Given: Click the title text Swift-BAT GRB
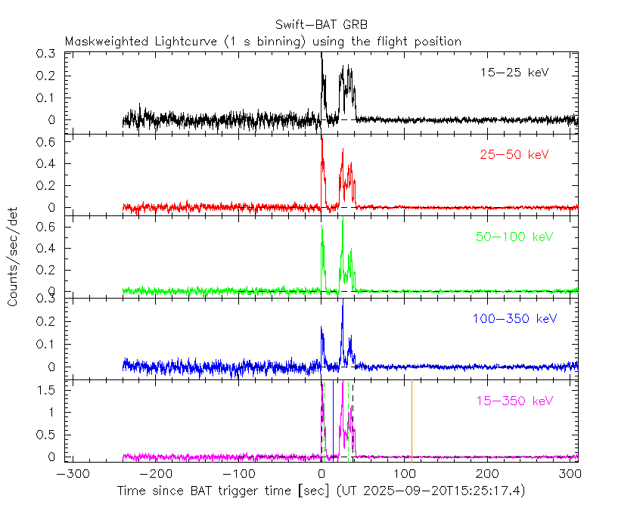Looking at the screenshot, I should click(x=321, y=25).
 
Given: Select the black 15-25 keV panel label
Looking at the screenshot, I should click(x=514, y=73).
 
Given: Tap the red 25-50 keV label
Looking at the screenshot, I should click(x=514, y=154).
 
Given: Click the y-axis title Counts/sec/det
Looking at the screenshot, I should click(x=14, y=256).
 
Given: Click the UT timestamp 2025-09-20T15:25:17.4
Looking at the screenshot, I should click(x=442, y=491).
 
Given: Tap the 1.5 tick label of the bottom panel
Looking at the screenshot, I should click(x=54, y=390).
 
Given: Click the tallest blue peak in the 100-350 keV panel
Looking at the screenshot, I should click(x=343, y=305).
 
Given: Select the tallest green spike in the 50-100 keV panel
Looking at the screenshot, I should click(x=343, y=221).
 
